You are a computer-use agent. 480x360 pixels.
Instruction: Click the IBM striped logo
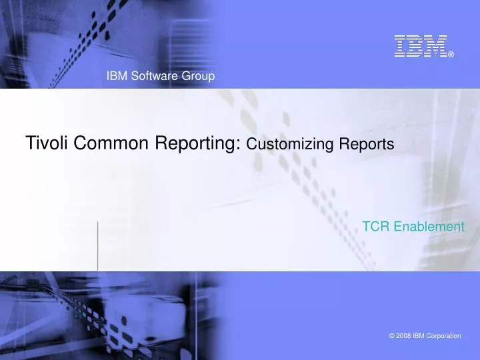point(420,45)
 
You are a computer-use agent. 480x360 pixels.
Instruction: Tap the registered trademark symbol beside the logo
point(451,54)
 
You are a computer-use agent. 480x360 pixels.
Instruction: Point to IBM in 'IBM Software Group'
point(116,77)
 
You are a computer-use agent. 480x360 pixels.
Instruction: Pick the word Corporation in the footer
point(443,336)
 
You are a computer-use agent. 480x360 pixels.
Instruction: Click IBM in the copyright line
point(418,336)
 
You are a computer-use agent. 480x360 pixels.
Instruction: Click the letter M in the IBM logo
point(436,45)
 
